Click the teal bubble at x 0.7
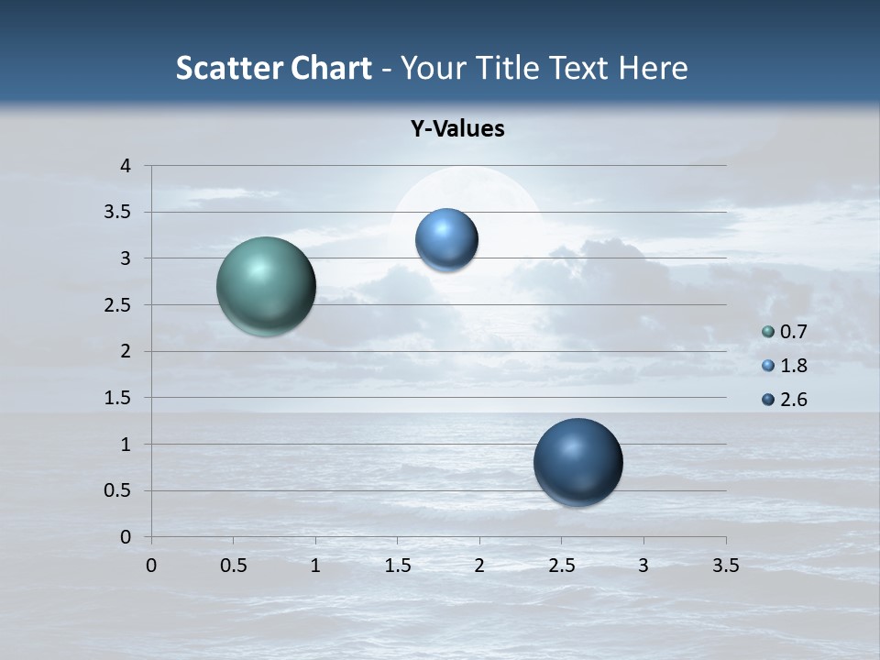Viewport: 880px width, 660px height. coord(266,286)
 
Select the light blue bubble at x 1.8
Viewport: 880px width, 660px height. coord(446,239)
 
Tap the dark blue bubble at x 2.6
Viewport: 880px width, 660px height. coord(577,462)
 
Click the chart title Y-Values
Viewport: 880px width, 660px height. coord(457,129)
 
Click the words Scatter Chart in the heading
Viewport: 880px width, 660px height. coord(273,68)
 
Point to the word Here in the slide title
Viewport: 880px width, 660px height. coord(653,68)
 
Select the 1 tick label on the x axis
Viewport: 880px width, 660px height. coord(315,566)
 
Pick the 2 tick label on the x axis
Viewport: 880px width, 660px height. coord(479,566)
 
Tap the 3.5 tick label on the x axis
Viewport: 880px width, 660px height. coord(725,566)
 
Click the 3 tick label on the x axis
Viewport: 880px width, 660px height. coord(643,566)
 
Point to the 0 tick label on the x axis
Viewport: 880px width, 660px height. coord(151,566)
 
